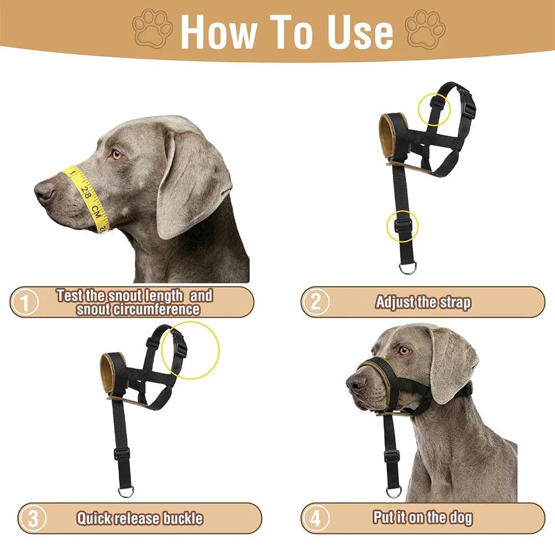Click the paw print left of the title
click(153, 29)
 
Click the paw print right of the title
click(425, 29)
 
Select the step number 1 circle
click(25, 302)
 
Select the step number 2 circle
click(315, 302)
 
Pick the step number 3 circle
click(33, 518)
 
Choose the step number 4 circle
click(315, 518)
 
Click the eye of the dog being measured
click(117, 154)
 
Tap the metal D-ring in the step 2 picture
click(408, 268)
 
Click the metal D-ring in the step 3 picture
click(125, 491)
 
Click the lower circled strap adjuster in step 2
click(403, 225)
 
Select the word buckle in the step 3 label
click(183, 518)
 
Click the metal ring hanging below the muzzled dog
click(393, 492)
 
